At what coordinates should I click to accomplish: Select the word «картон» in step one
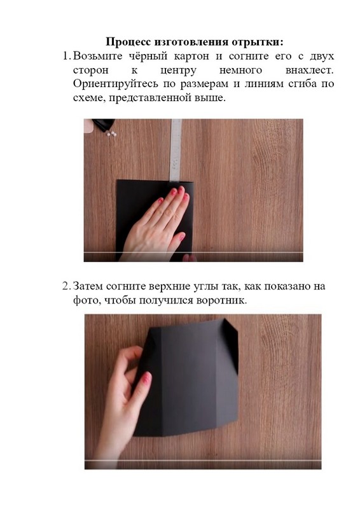191,56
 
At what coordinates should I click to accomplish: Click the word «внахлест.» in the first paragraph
309,70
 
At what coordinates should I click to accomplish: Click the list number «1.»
66,56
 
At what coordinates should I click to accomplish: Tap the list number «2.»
66,286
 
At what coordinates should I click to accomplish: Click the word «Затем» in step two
87,286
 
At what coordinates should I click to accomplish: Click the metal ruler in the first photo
176,150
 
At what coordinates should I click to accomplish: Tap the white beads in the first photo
111,133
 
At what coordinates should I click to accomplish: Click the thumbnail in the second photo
146,378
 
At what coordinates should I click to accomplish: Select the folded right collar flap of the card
230,344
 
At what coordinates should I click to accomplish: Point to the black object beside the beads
104,124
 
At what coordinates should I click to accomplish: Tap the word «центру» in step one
179,71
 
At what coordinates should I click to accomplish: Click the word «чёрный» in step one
148,56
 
